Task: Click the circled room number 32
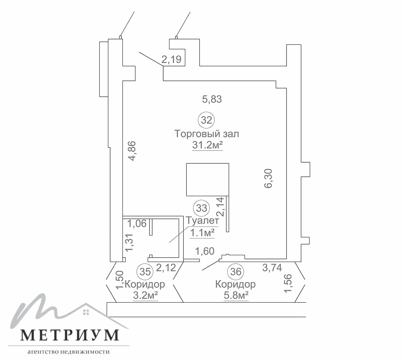pyautogui.click(x=206, y=120)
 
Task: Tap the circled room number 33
pyautogui.click(x=201, y=208)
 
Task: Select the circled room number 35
pyautogui.click(x=145, y=272)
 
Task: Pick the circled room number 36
pyautogui.click(x=236, y=272)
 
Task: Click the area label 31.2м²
pyautogui.click(x=207, y=145)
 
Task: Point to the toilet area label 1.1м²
pyautogui.click(x=202, y=233)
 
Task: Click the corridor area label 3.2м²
pyautogui.click(x=145, y=295)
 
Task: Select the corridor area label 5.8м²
pyautogui.click(x=236, y=295)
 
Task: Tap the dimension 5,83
pyautogui.click(x=212, y=99)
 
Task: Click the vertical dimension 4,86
pyautogui.click(x=132, y=151)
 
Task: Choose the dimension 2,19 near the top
pyautogui.click(x=171, y=60)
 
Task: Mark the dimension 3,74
pyautogui.click(x=272, y=268)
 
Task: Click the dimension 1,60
pyautogui.click(x=205, y=251)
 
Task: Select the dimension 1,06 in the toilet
pyautogui.click(x=137, y=223)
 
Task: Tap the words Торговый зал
pyautogui.click(x=207, y=134)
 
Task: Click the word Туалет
pyautogui.click(x=202, y=221)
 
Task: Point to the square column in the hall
pyautogui.click(x=208, y=180)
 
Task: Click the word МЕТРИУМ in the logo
pyautogui.click(x=70, y=335)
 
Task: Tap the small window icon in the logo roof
pyautogui.click(x=86, y=312)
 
